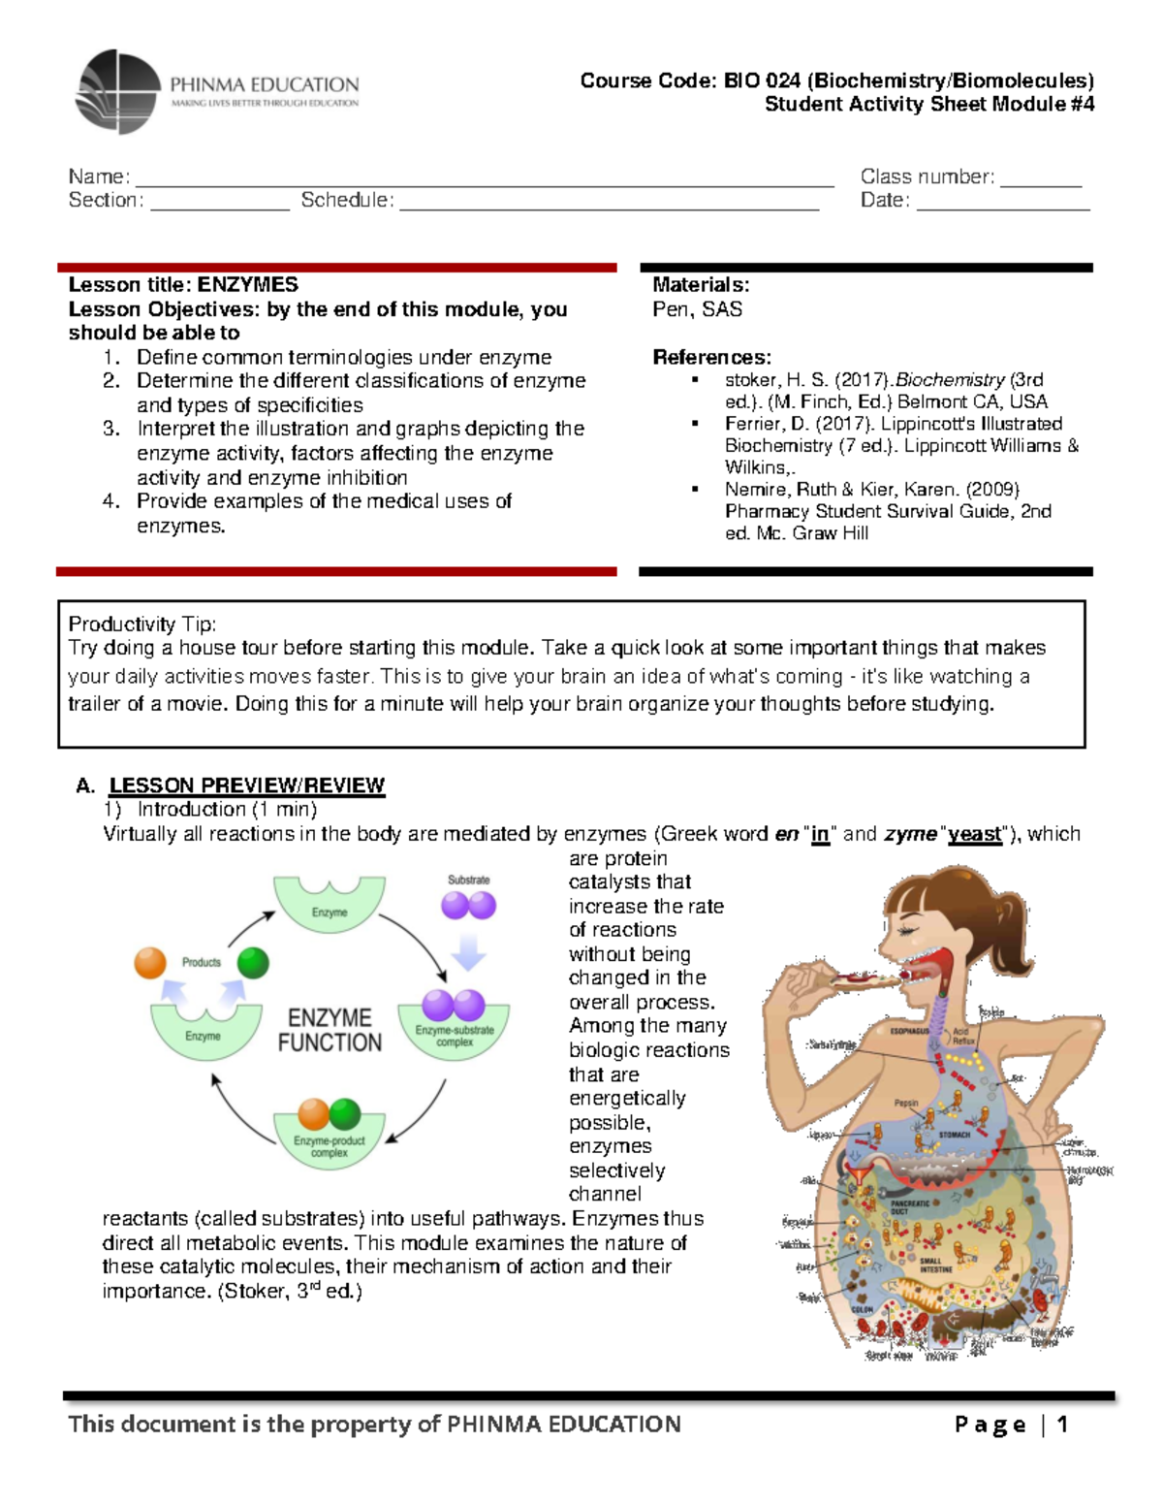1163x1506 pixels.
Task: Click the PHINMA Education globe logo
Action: (x=117, y=92)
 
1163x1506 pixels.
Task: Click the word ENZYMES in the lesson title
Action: (x=248, y=285)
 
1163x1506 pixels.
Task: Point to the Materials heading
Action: (x=701, y=285)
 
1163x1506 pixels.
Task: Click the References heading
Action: (x=711, y=357)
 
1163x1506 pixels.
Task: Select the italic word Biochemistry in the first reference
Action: (x=950, y=380)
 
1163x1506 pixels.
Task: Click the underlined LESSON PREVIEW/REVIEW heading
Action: (x=247, y=785)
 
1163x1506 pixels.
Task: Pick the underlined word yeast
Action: (x=974, y=834)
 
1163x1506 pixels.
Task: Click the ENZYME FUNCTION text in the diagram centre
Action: (x=330, y=1030)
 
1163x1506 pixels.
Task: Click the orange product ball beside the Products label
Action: (x=150, y=963)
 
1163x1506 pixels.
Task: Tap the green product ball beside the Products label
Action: (x=253, y=963)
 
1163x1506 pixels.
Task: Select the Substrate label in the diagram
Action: (x=468, y=880)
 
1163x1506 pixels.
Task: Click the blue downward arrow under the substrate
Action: (x=469, y=951)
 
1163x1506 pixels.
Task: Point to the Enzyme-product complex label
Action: (x=330, y=1146)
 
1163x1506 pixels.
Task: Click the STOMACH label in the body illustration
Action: (x=954, y=1134)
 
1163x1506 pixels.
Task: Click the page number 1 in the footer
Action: (x=1062, y=1424)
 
